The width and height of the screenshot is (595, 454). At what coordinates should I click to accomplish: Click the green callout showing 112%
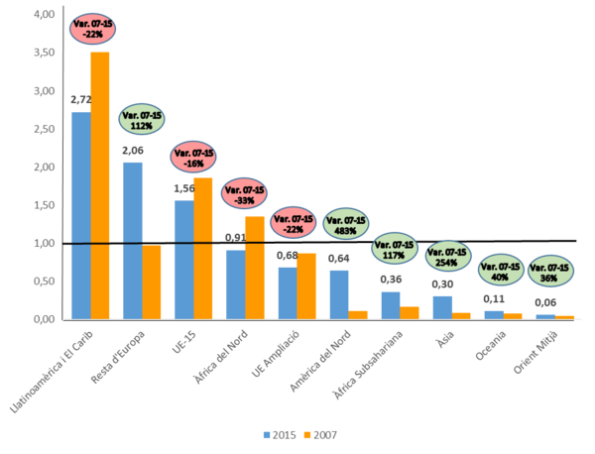142,119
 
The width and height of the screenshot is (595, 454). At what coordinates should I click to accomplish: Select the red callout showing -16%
193,157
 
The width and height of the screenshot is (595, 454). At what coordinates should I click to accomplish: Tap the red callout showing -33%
245,192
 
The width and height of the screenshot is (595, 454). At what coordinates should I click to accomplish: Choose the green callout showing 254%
448,257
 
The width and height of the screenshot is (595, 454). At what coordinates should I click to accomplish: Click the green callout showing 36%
549,271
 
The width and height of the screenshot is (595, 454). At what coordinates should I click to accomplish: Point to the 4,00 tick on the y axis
44,15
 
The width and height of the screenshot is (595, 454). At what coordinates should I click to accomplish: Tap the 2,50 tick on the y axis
44,129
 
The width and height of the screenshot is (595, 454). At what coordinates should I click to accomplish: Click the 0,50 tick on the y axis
44,281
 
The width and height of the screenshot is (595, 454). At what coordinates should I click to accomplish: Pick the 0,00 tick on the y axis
44,318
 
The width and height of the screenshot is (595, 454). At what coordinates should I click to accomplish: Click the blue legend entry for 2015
278,434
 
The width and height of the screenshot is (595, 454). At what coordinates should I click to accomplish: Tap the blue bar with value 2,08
132,239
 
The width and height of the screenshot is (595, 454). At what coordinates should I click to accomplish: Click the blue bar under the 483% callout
339,293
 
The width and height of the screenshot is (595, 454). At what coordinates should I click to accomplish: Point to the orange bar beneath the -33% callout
255,267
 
